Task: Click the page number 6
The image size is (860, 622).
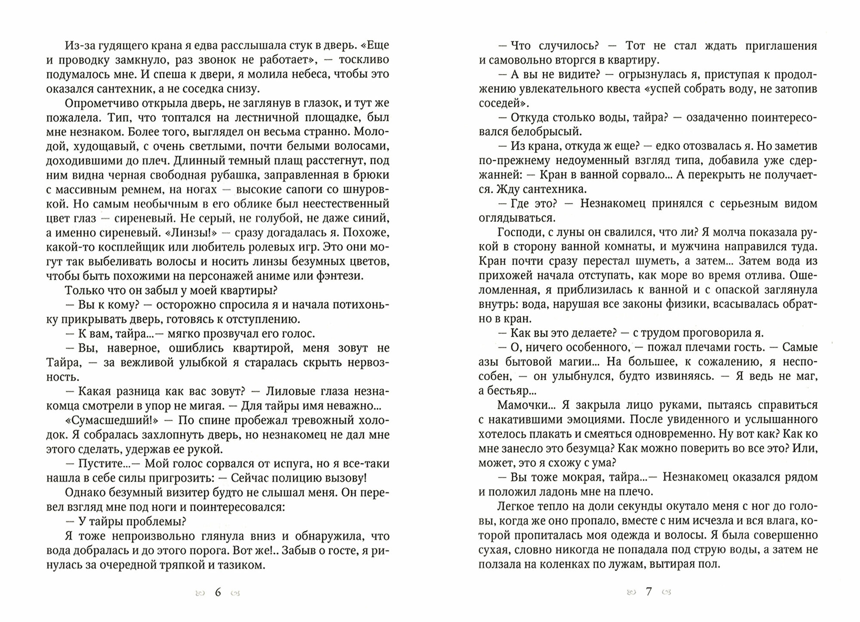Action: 218,592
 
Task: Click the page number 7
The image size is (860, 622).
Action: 649,591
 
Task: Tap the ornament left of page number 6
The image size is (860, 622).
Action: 200,593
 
